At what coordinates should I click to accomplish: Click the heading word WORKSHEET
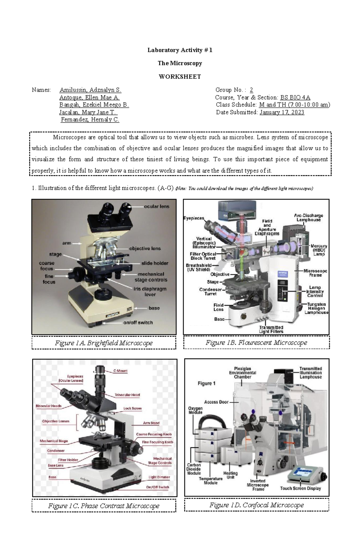tap(180, 76)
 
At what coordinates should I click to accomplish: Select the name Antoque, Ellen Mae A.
tap(89, 97)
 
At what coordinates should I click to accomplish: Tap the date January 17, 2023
tap(282, 112)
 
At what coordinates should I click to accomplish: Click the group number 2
tap(251, 90)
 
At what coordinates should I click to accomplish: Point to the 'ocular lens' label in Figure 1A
tap(157, 207)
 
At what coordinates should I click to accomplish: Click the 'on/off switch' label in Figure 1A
tap(138, 323)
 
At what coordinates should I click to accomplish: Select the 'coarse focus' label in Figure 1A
tap(46, 266)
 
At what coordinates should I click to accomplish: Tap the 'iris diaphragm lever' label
tap(150, 292)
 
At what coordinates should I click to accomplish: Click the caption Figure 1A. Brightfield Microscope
tap(104, 343)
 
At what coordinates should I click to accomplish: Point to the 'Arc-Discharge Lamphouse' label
tap(308, 218)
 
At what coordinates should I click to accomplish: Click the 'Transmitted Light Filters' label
tap(271, 329)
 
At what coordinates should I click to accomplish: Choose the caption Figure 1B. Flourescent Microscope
tap(256, 342)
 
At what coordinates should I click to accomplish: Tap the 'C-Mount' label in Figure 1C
tap(120, 371)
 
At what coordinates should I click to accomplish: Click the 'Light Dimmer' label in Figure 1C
tap(159, 477)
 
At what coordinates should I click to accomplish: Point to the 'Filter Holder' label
tap(68, 460)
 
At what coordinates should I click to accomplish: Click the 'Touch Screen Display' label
tap(300, 489)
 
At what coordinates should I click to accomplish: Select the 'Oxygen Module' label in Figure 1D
tap(195, 410)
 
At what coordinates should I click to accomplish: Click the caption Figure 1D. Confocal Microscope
tap(256, 505)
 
